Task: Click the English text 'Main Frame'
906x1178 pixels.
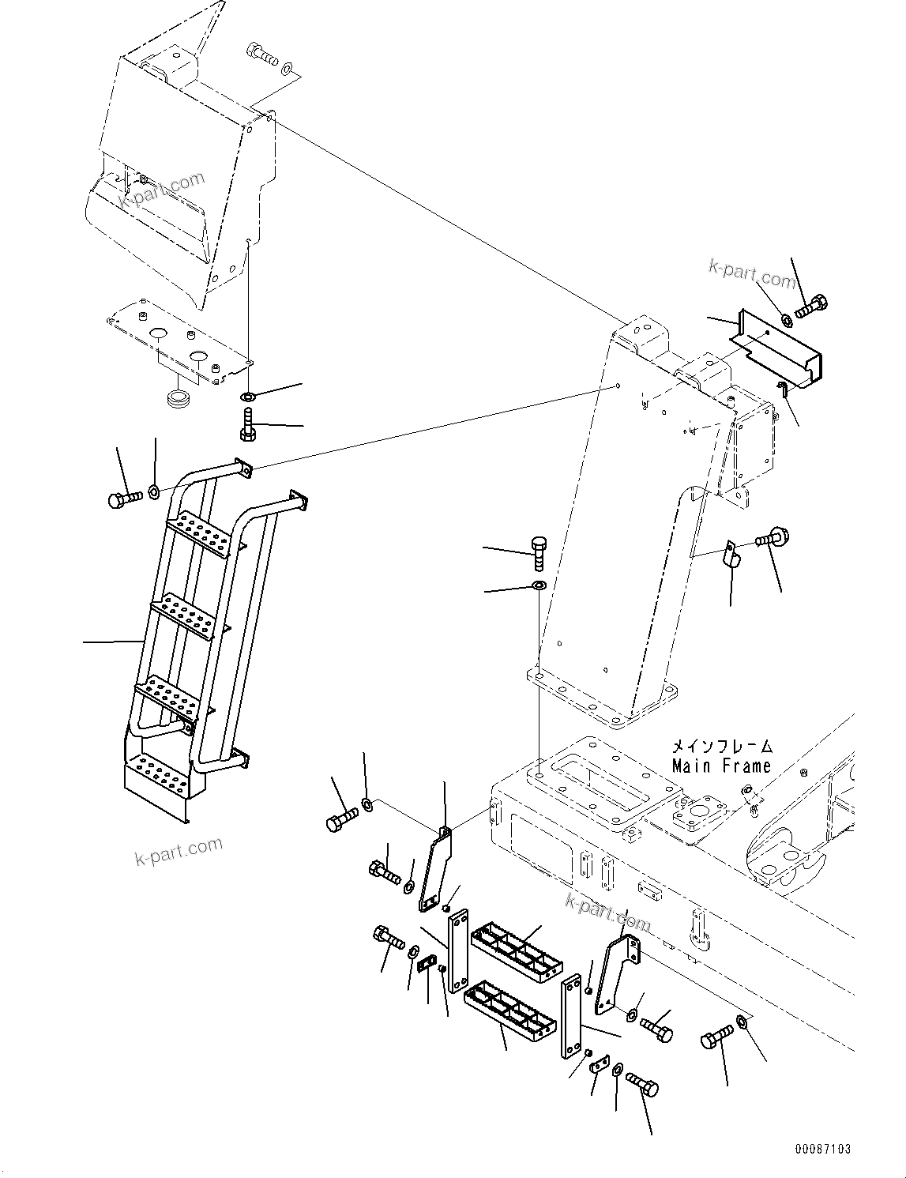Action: point(721,766)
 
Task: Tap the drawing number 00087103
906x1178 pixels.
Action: point(824,1150)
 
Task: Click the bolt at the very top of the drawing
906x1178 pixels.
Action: point(263,55)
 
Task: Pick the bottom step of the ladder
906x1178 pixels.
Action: point(162,774)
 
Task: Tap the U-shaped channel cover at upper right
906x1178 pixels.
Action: point(777,348)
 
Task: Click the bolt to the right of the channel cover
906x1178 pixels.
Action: point(811,307)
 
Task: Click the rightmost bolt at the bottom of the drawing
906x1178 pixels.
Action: point(716,1041)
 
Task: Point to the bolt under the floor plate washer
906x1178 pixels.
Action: point(246,425)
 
